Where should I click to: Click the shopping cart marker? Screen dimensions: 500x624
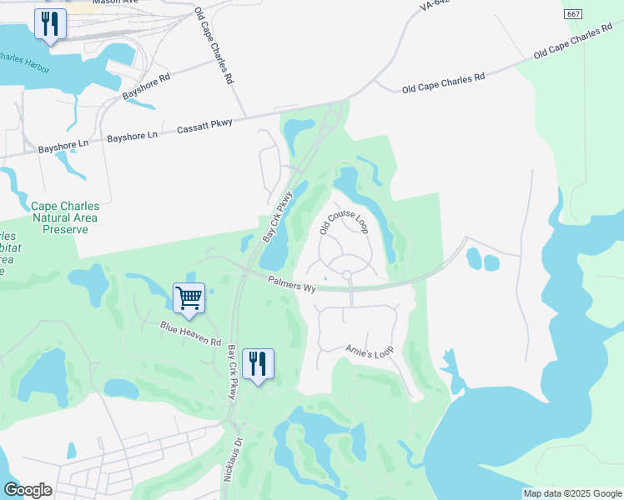pyautogui.click(x=189, y=298)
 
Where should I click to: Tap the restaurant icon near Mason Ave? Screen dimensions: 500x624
pyautogui.click(x=51, y=24)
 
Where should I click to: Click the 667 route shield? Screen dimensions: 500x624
pyautogui.click(x=572, y=14)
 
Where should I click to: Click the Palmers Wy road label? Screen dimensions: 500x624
pyautogui.click(x=291, y=284)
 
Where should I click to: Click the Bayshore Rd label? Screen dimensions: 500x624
pyautogui.click(x=146, y=87)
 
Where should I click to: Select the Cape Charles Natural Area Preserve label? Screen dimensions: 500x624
pyautogui.click(x=63, y=217)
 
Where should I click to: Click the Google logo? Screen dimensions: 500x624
pyautogui.click(x=28, y=490)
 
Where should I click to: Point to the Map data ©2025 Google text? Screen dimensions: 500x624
pyautogui.click(x=571, y=493)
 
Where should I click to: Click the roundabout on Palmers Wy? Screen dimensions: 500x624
pyautogui.click(x=346, y=275)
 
